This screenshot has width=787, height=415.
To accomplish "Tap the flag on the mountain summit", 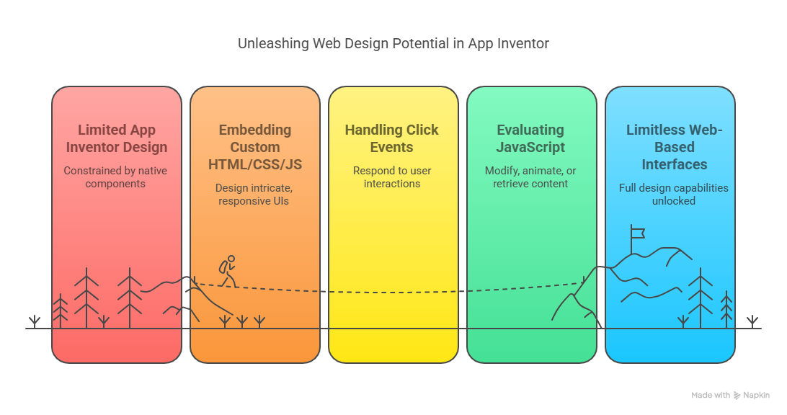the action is coord(637,233).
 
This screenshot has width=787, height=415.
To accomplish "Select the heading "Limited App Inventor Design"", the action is coord(117,138).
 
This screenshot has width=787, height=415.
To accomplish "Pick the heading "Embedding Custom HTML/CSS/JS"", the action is coord(255,147).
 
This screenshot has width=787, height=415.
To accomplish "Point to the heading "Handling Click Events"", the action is coord(391,138).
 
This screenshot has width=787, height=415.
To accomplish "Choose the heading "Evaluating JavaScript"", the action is coord(530,138).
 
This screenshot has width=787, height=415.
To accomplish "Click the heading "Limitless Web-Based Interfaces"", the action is coord(674,147).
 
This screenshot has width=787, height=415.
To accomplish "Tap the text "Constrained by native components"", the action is coord(115,177).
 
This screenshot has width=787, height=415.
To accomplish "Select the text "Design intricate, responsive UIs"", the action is coord(254,195).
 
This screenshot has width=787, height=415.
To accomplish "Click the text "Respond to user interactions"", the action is coord(392,177).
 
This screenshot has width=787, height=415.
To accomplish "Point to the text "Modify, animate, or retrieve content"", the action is coord(530,177).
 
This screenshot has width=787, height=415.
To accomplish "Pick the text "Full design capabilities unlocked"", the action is coord(674,195).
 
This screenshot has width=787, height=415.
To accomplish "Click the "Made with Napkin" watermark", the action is coord(730,396).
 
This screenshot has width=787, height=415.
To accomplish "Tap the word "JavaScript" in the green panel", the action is coord(530,148).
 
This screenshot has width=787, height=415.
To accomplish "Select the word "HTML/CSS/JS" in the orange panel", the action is coord(255,164).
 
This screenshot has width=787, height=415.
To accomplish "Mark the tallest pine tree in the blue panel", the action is coord(701,298).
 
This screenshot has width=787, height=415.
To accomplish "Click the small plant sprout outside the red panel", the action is coord(34,321).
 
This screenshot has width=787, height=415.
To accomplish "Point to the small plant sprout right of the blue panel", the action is coord(752,321).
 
